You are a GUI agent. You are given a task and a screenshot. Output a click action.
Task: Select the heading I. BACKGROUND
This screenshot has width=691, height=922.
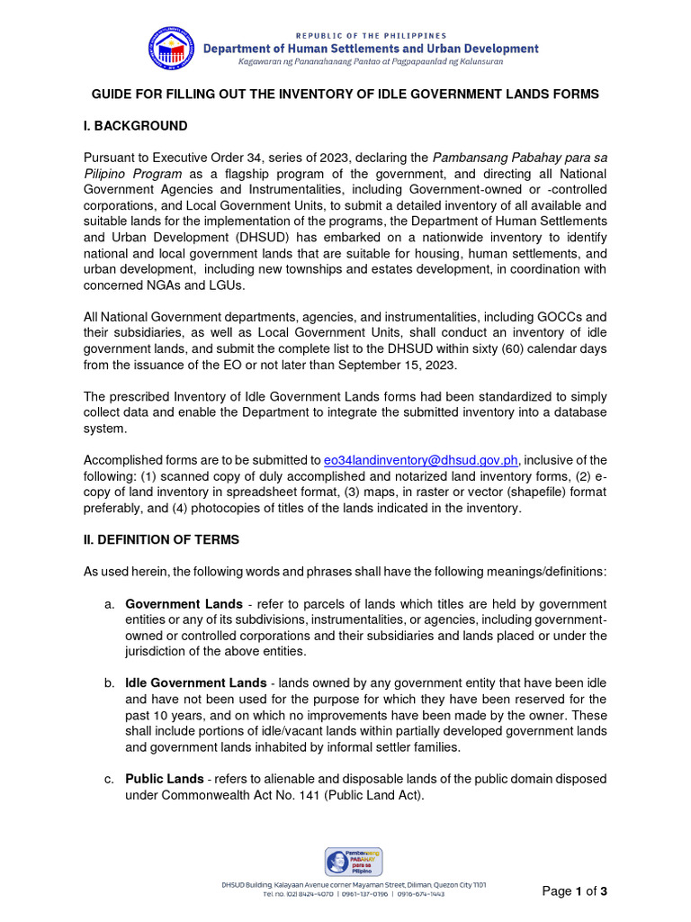[x=136, y=126]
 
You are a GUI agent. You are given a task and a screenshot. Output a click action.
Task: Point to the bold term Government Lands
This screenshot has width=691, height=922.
[x=184, y=603]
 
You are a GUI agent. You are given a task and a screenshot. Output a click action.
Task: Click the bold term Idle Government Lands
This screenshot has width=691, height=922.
[x=195, y=682]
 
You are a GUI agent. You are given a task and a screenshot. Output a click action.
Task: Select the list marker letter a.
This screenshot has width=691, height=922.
[x=108, y=603]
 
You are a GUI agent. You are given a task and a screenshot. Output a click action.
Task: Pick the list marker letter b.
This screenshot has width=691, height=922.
[x=108, y=682]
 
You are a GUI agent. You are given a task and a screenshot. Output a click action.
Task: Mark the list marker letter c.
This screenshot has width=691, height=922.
[x=108, y=778]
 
